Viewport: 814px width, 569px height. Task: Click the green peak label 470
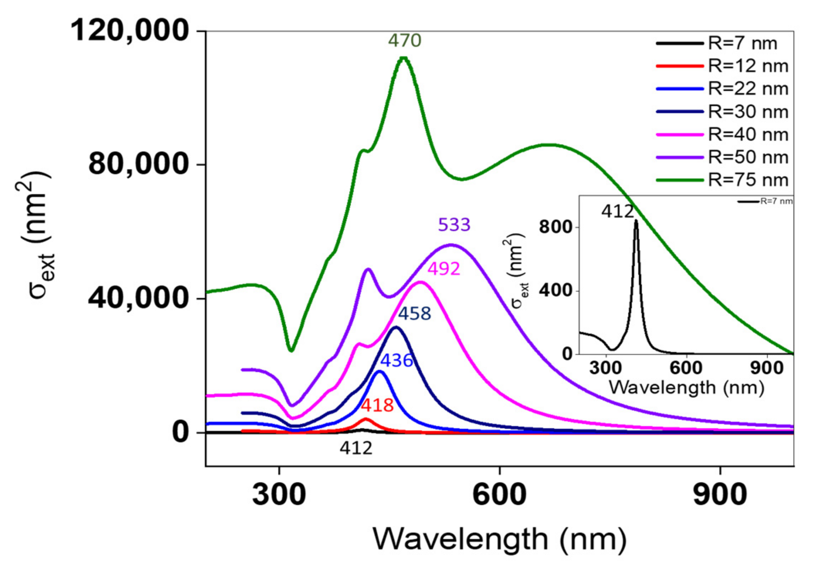point(405,41)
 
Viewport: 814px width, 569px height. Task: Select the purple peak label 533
point(454,225)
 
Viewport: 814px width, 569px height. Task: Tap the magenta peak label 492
point(444,269)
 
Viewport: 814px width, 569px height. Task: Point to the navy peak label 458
point(414,314)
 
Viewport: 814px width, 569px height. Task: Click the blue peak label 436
point(396,360)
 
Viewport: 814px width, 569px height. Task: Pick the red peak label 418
point(377,405)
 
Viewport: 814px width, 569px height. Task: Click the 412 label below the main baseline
point(356,448)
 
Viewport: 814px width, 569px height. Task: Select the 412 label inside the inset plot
point(618,212)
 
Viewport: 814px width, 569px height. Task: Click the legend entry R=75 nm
point(748,180)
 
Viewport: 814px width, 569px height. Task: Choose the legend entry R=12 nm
point(748,66)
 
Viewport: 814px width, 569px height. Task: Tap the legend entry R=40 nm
point(748,134)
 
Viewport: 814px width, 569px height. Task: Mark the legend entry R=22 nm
point(748,89)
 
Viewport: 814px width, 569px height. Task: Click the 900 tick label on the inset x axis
point(767,368)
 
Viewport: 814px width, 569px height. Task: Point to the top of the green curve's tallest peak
point(403,58)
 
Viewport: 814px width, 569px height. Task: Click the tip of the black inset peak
point(636,221)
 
